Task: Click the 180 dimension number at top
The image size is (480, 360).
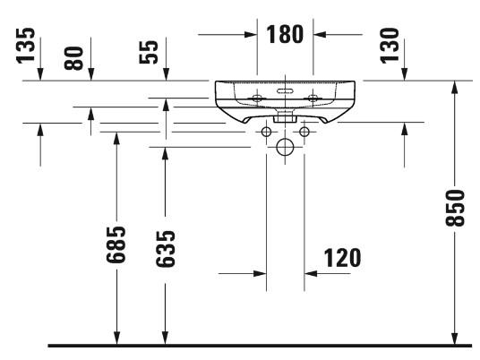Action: (x=285, y=35)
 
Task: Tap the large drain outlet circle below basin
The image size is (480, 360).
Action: (x=285, y=148)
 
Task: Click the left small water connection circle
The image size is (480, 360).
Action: (x=266, y=133)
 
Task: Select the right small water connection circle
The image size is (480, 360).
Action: (x=304, y=133)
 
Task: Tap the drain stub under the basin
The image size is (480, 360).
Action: (x=285, y=116)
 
